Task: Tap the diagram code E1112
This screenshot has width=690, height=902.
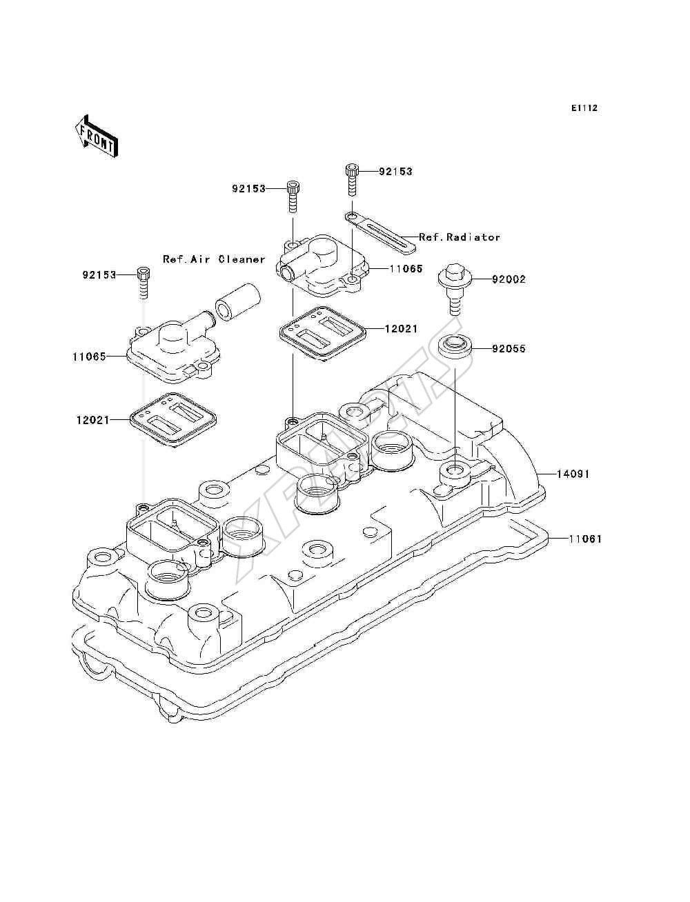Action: pos(584,108)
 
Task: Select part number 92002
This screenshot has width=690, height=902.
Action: pos(509,279)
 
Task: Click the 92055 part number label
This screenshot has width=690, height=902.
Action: pos(509,349)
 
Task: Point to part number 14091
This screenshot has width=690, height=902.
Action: pos(573,474)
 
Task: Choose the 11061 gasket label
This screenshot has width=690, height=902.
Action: pos(586,539)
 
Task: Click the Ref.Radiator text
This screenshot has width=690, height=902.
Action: pos(460,237)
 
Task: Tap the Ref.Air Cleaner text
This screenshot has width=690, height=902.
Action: pos(214,259)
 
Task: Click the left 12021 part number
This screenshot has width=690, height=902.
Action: pos(93,420)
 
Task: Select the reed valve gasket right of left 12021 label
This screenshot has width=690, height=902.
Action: pos(172,420)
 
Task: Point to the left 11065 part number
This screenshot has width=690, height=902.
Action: pos(89,357)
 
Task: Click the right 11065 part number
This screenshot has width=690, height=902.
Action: pos(406,269)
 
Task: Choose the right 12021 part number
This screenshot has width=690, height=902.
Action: pos(401,329)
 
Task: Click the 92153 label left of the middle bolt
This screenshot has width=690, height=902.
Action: pos(249,189)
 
